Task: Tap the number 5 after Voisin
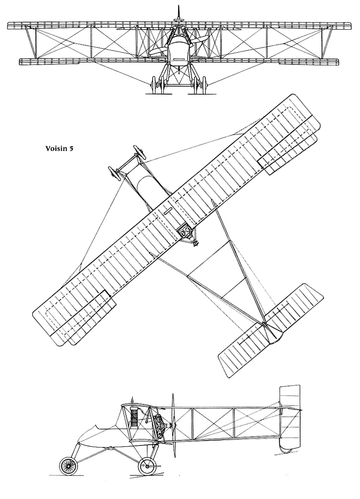click(71, 148)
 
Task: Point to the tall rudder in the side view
click(289, 414)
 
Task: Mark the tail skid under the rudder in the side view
click(286, 450)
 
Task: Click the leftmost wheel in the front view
click(154, 84)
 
